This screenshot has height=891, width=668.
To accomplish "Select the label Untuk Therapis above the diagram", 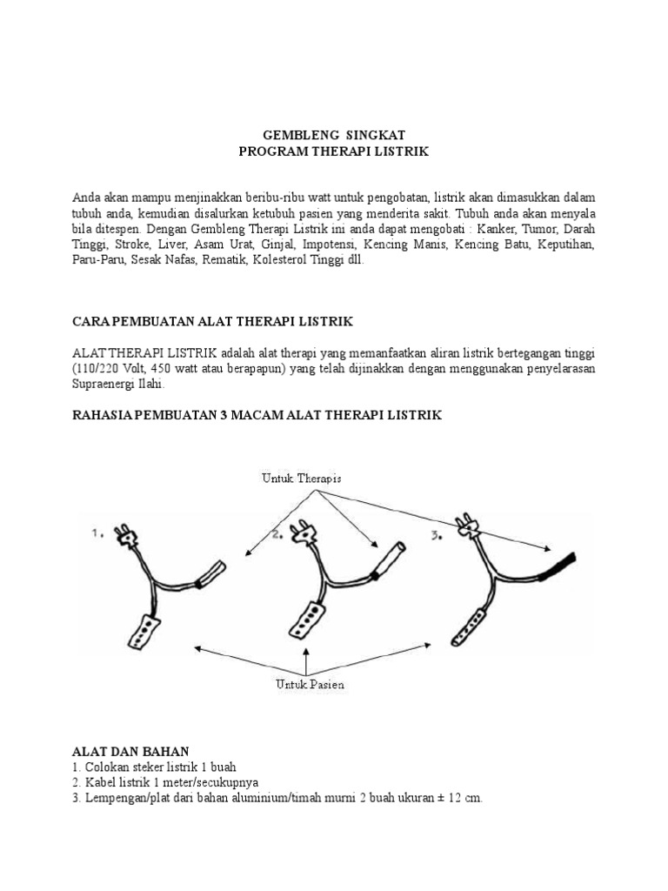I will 301,478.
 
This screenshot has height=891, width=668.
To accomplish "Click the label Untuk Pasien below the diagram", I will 310,684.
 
